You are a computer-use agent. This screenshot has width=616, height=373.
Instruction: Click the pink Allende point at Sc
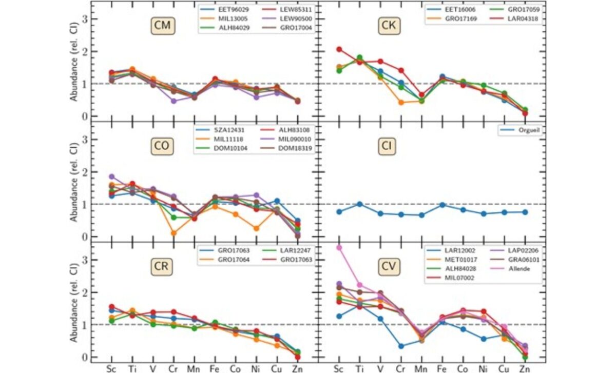pyautogui.click(x=338, y=248)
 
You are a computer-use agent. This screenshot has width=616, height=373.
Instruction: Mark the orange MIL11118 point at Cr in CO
pyautogui.click(x=174, y=233)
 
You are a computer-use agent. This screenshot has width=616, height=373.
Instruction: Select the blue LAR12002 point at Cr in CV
pyautogui.click(x=400, y=346)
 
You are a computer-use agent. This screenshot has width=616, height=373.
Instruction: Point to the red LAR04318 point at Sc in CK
pyautogui.click(x=338, y=49)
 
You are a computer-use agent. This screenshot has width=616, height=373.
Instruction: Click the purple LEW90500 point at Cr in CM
pyautogui.click(x=174, y=101)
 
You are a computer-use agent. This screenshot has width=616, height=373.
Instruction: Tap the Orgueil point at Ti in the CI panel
pyautogui.click(x=359, y=204)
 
